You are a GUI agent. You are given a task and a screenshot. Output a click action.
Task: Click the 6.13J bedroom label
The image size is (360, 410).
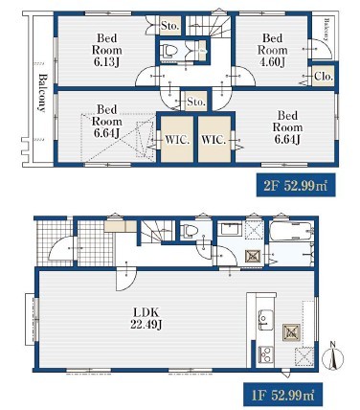(106, 50)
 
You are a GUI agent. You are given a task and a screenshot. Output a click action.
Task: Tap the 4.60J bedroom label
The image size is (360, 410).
(273, 50)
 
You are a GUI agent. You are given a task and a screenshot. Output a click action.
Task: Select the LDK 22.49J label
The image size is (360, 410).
(146, 318)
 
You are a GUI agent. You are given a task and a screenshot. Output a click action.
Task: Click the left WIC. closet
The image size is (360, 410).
(177, 139)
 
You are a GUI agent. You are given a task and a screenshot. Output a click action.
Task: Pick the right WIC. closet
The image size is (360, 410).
(214, 139)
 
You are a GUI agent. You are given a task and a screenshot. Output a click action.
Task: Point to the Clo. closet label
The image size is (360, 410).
(324, 77)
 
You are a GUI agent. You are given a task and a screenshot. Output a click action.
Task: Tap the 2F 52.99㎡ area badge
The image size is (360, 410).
(296, 185)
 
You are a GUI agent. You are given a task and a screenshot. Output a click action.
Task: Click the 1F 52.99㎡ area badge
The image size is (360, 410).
(282, 395)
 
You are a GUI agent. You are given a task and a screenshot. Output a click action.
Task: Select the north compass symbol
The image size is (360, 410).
(333, 356)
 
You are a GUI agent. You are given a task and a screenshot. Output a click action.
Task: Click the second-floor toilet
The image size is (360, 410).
(168, 51)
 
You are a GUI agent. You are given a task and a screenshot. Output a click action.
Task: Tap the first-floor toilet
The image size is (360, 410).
(188, 231)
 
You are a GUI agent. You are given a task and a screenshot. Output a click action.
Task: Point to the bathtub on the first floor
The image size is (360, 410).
(291, 231)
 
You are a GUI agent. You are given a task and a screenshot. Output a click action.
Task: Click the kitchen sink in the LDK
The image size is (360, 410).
(265, 320)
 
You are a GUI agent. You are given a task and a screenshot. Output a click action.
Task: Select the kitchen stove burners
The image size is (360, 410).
(265, 354)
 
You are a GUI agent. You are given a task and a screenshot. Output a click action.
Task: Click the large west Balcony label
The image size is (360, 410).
(42, 93)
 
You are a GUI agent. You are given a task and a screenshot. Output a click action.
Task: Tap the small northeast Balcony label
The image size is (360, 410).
(326, 30)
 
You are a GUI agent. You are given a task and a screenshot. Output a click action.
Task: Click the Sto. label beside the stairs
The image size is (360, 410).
(169, 26)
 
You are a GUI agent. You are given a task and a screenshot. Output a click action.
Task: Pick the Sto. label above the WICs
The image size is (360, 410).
(195, 102)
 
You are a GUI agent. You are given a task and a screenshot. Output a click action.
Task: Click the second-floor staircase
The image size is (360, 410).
(208, 26)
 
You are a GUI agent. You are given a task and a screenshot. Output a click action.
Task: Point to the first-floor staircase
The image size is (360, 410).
(157, 231)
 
